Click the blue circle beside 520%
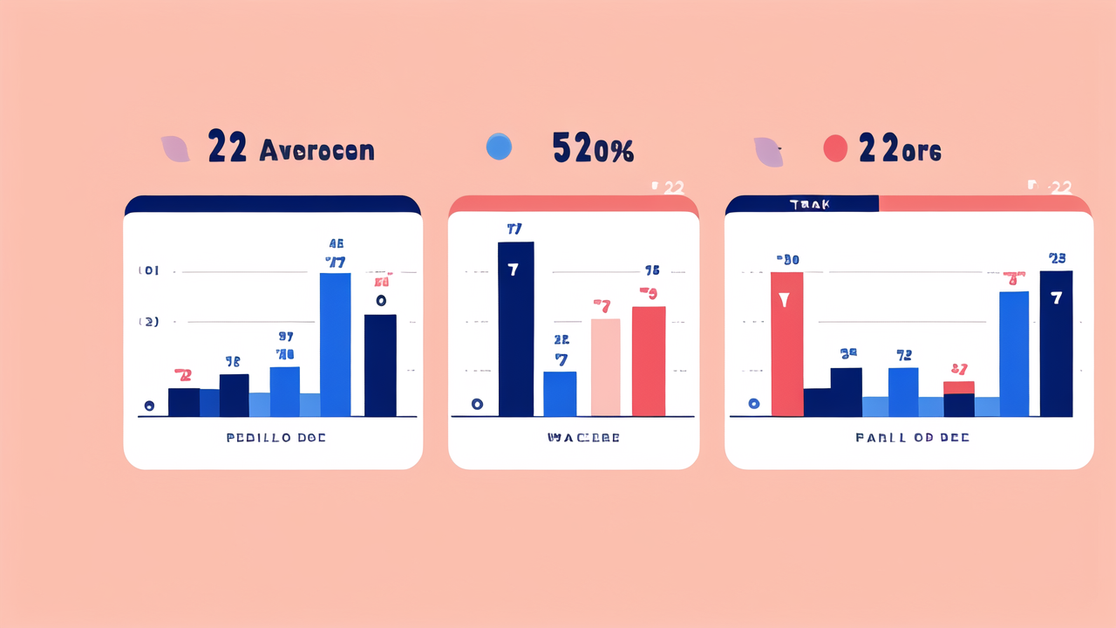[499, 147]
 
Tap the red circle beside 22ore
[835, 148]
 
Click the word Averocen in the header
[316, 150]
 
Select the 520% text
[593, 149]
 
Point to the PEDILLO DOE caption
[276, 437]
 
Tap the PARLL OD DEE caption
[912, 437]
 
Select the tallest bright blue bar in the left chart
[336, 345]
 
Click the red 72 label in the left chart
[183, 375]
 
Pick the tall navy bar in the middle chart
[515, 329]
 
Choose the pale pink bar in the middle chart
[606, 367]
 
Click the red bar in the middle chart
[649, 361]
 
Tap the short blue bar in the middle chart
[560, 393]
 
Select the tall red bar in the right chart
[787, 344]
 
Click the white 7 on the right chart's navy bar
[1057, 298]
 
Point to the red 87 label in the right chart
[959, 369]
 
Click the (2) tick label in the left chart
[148, 322]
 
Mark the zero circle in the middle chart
[477, 404]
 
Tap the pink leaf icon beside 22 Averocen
[175, 148]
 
